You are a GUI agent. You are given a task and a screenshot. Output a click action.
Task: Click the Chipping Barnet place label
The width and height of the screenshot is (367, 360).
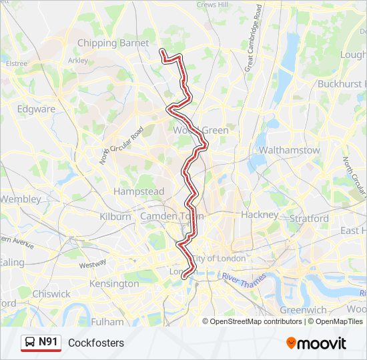(113, 43)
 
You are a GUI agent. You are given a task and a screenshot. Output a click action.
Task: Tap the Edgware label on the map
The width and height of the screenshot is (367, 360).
(36, 109)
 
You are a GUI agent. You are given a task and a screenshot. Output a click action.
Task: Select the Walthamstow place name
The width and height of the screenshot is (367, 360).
(289, 150)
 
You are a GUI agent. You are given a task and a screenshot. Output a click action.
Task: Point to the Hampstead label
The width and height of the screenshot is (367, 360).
(139, 191)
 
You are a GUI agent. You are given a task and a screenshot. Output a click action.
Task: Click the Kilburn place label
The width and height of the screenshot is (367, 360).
(115, 217)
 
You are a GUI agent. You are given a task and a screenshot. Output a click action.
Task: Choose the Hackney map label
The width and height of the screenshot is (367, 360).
(260, 215)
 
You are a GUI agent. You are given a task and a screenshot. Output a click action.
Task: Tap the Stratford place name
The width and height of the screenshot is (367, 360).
(309, 218)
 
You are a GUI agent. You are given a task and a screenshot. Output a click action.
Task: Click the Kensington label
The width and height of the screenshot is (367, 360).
(115, 283)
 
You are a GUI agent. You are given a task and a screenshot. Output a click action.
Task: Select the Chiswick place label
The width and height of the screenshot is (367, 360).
(51, 293)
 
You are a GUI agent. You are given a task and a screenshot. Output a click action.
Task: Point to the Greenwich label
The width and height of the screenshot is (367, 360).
(303, 310)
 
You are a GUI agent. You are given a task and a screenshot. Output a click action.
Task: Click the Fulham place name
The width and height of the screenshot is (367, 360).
(107, 321)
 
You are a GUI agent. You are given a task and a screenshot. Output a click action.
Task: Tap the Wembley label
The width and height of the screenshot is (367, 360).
(21, 199)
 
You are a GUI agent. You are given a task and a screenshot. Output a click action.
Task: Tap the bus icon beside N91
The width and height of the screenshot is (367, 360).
(29, 343)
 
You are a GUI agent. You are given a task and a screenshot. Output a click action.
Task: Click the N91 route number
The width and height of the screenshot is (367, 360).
(49, 343)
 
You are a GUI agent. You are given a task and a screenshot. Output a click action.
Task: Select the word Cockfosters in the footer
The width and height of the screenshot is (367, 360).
(96, 343)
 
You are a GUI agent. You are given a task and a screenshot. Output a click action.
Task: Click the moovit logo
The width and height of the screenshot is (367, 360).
(316, 343)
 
